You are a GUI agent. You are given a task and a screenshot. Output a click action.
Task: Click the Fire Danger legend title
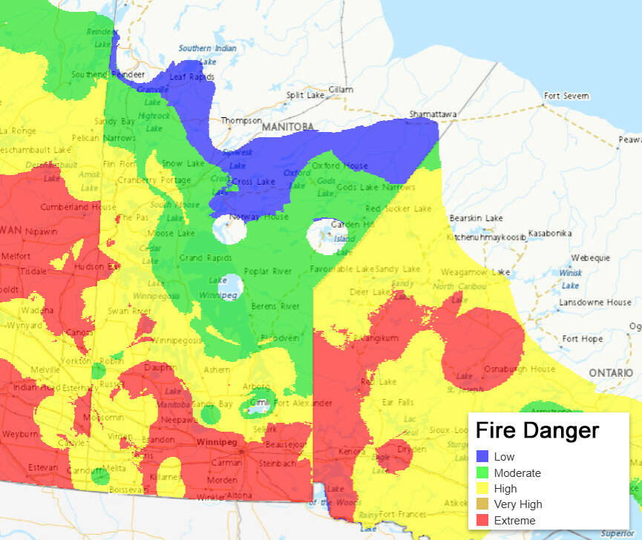[x=537, y=430]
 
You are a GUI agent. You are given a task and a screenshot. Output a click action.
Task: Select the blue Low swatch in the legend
[x=482, y=457]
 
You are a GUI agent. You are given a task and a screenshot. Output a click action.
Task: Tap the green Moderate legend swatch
[x=482, y=473]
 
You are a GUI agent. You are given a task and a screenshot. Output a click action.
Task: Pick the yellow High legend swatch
[x=482, y=489]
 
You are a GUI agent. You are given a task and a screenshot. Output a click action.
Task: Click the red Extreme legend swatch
[x=482, y=521]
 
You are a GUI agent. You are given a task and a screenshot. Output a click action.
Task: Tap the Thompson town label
[x=241, y=120]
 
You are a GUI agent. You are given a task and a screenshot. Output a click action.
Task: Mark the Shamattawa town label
[x=433, y=114]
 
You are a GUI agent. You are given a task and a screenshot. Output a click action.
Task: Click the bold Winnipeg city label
[x=217, y=443]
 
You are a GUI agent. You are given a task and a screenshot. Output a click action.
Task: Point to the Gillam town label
[x=341, y=90]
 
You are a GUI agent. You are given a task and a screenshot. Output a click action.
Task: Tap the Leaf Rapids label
[x=191, y=76]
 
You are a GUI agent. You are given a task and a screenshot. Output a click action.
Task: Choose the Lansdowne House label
[x=596, y=303]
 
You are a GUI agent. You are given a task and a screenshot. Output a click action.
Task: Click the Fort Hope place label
[x=583, y=339]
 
